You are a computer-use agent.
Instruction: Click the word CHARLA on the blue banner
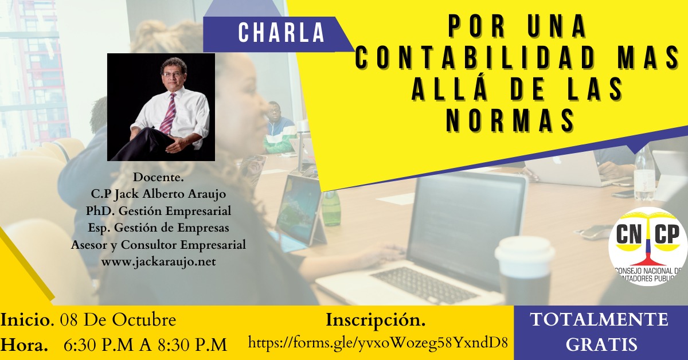pos(282,33)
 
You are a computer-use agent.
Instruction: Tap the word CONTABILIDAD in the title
pos(476,58)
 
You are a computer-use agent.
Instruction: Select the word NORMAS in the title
pos(510,120)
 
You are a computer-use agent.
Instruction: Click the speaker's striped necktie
pos(169,114)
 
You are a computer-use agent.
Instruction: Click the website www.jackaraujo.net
pos(158,262)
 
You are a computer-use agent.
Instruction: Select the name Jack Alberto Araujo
pos(170,194)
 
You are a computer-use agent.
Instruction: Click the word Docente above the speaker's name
pos(158,177)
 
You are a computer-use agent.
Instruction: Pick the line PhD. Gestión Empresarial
pos(158,211)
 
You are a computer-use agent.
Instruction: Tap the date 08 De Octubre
pos(118,320)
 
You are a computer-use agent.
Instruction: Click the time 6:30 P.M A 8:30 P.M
pos(145,345)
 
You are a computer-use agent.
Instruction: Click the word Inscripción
pos(376,320)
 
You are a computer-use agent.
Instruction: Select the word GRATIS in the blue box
pos(601,345)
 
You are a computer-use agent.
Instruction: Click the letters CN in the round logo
pos(628,234)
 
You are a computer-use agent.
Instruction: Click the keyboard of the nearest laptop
pos(425,285)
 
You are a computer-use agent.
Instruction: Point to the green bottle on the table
pos(331,208)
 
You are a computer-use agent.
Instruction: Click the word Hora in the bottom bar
pos(24,345)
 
